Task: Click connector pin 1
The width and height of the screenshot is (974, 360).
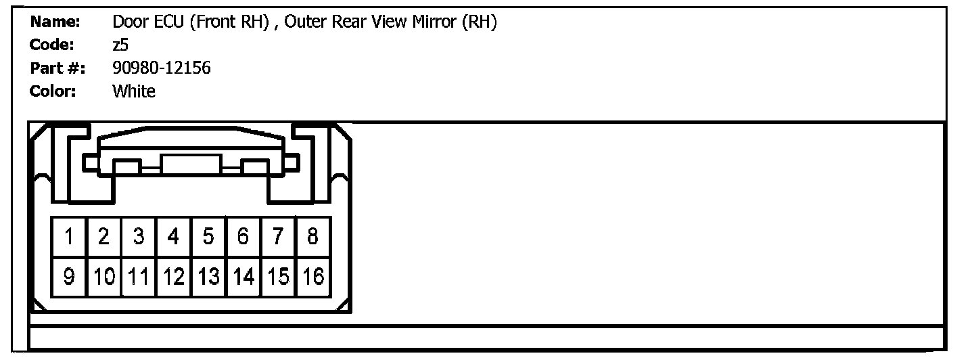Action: tap(69, 237)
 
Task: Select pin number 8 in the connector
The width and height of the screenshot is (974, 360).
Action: tap(312, 237)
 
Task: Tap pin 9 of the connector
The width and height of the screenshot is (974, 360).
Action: tap(69, 277)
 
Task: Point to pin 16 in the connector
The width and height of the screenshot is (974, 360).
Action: tap(312, 277)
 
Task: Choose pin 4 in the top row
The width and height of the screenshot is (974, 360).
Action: tap(174, 237)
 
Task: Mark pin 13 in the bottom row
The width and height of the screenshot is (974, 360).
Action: tap(209, 277)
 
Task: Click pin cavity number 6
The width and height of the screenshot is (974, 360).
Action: tap(243, 237)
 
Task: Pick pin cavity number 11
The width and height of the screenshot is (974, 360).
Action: tap(139, 277)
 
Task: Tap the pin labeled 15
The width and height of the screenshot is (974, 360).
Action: tap(278, 277)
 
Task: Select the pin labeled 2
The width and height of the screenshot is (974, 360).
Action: tap(103, 237)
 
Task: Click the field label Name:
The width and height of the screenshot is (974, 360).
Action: tap(55, 22)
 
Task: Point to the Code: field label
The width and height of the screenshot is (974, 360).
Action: tap(52, 45)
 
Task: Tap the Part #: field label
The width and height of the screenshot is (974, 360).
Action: tap(57, 68)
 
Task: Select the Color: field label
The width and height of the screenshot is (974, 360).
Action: tap(53, 91)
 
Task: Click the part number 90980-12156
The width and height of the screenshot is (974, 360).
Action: tap(161, 68)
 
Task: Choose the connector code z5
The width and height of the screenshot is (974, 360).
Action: tap(120, 45)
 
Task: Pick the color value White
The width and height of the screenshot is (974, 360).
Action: tap(134, 91)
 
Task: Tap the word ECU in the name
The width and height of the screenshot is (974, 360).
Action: tap(170, 22)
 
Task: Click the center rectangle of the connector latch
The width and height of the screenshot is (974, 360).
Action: tap(191, 164)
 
